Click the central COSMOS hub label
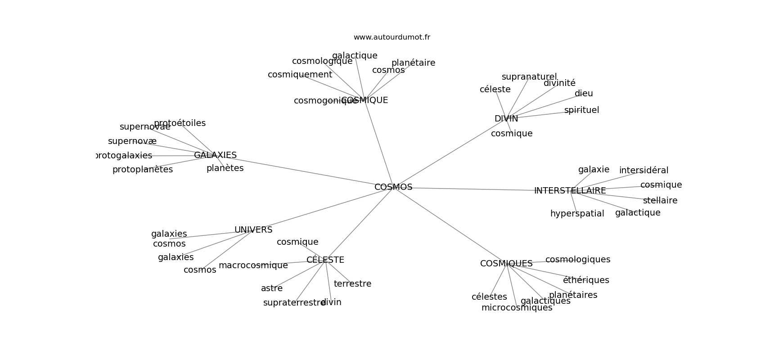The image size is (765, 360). tap(393, 187)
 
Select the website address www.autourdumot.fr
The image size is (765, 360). tap(391, 37)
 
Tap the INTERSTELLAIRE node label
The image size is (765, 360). tap(570, 191)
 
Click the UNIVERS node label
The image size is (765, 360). tap(253, 230)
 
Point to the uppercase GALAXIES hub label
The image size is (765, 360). tap(215, 155)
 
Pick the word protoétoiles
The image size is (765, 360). tap(180, 123)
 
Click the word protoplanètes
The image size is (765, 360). tap(142, 170)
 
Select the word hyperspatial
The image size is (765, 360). tap(577, 214)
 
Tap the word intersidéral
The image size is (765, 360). tap(643, 171)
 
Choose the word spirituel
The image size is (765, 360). tap(581, 110)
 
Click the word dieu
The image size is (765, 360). tap(584, 94)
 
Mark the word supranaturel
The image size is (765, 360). tap(529, 77)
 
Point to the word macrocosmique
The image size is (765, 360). tap(253, 265)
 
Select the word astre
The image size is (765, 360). tap(272, 288)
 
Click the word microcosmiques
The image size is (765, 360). tap(517, 308)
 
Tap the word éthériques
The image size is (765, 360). tap(586, 280)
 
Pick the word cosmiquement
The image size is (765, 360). tap(300, 75)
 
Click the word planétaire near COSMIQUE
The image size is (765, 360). tap(413, 63)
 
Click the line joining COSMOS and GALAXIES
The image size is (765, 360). tap(306, 171)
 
